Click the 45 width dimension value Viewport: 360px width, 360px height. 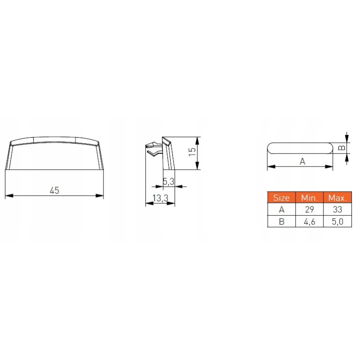click(x=54, y=190)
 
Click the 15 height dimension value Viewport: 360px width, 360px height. click(x=192, y=152)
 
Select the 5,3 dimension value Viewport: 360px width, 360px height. click(x=168, y=182)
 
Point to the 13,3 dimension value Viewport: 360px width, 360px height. click(x=161, y=198)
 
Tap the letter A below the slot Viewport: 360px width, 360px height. click(x=302, y=162)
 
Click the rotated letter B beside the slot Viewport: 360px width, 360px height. click(x=342, y=148)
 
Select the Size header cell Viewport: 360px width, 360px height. click(x=281, y=198)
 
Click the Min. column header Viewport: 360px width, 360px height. click(x=309, y=198)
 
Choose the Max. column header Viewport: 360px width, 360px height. click(x=337, y=198)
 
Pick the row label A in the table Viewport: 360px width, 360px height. click(x=282, y=209)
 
